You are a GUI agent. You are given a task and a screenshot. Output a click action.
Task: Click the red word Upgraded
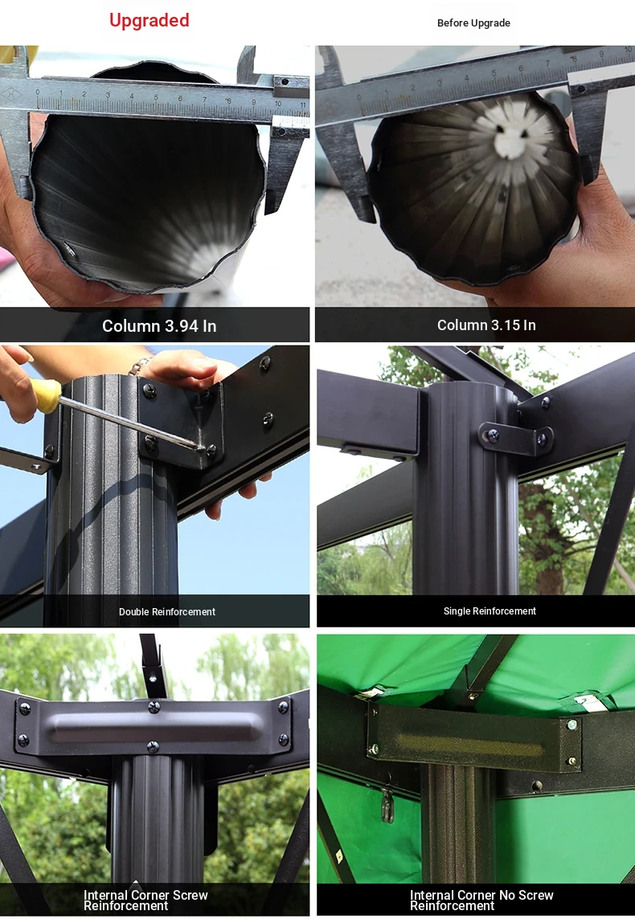[x=149, y=21]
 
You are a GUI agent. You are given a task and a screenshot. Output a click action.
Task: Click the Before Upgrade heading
[x=473, y=22]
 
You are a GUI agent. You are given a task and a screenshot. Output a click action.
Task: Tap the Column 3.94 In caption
[x=159, y=326]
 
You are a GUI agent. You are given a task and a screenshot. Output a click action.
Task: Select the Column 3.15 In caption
[x=486, y=325]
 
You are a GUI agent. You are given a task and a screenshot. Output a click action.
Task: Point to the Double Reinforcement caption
[x=167, y=612]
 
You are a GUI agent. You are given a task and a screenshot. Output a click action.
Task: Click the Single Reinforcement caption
[x=490, y=611]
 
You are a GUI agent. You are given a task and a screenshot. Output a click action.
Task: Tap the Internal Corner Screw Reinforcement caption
[x=145, y=901]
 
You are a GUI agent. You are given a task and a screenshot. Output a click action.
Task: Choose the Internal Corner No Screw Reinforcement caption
[x=481, y=901]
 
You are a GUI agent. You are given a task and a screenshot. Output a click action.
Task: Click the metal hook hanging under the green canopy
[x=387, y=804]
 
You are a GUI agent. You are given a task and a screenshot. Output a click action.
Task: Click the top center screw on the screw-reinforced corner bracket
[x=154, y=706]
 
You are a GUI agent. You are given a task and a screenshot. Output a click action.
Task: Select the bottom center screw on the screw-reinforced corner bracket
[x=153, y=747]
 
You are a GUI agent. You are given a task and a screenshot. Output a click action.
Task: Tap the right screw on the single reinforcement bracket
[x=543, y=438]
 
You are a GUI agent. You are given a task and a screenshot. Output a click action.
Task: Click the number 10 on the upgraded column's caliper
[x=278, y=104]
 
